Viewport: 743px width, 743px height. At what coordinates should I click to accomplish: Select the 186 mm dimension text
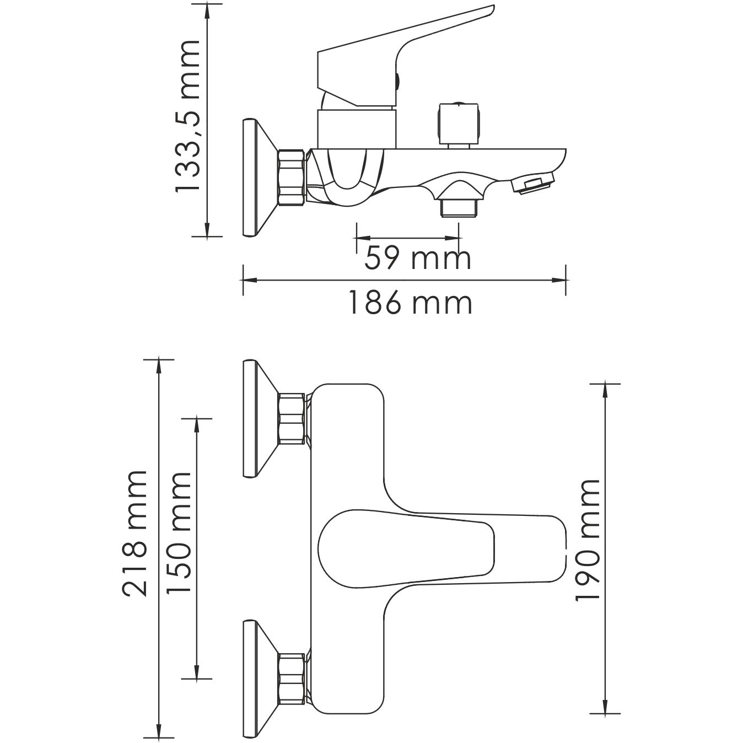[410, 303]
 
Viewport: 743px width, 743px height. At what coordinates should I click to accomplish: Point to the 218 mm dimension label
[135, 533]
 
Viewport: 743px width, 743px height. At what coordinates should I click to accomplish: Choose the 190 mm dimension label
[586, 540]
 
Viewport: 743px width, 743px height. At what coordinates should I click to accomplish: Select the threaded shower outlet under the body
[459, 208]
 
